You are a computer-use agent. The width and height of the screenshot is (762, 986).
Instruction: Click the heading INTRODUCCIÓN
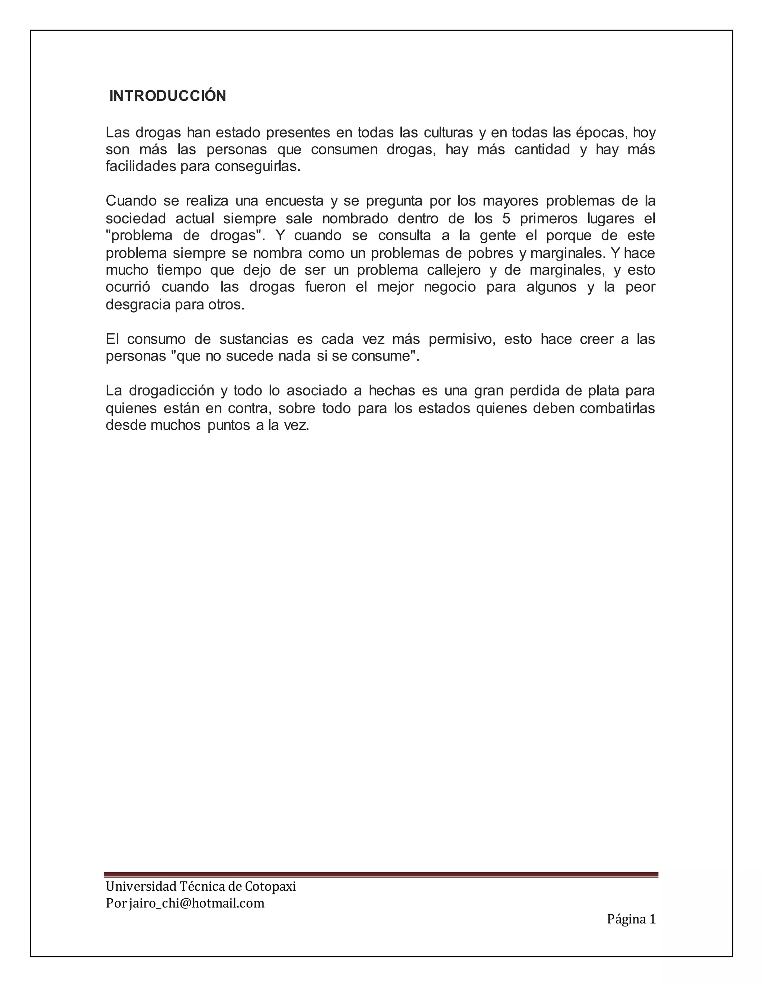pyautogui.click(x=167, y=96)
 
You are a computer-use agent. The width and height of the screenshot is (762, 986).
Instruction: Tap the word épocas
pyautogui.click(x=601, y=133)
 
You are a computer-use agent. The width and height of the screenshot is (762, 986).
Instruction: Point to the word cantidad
pyautogui.click(x=542, y=150)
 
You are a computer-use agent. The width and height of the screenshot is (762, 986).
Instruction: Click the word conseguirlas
pyautogui.click(x=257, y=167)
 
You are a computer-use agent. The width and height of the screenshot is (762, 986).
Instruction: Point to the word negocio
pyautogui.click(x=449, y=287)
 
